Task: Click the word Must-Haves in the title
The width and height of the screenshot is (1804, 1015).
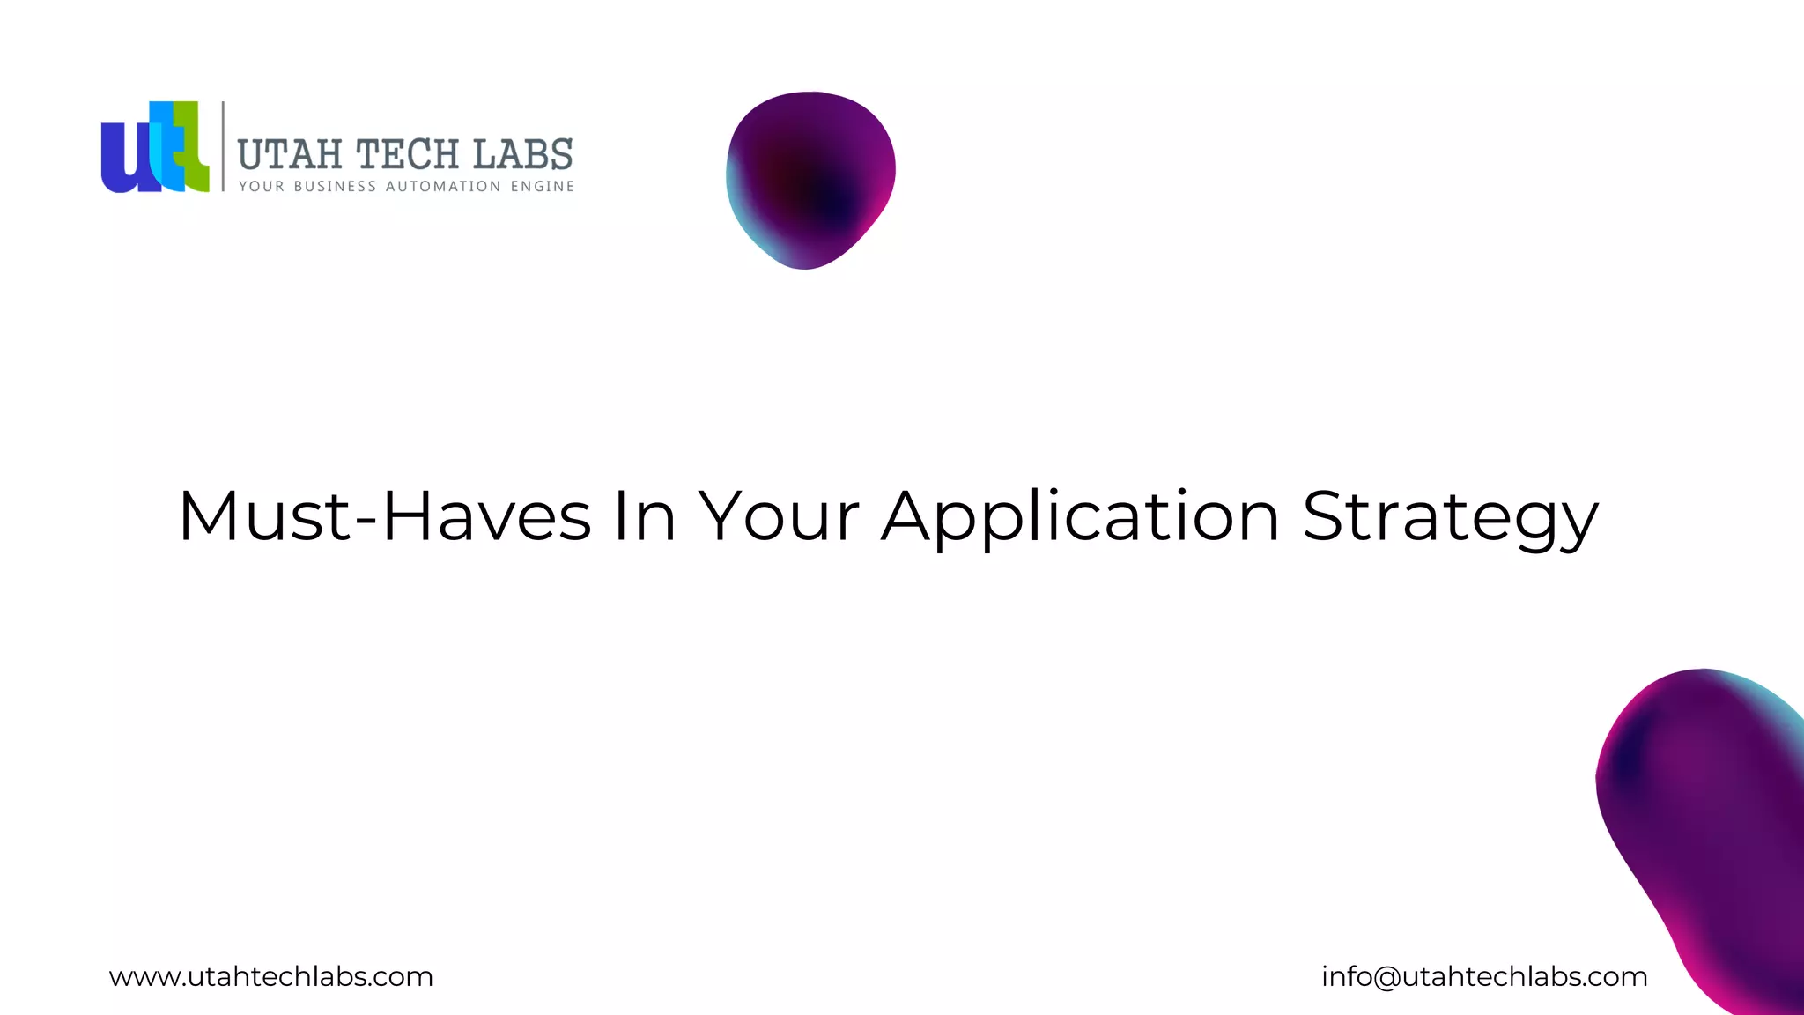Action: [x=384, y=516]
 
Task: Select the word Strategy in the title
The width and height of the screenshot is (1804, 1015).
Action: [x=1450, y=516]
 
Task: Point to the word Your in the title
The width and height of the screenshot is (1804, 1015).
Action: [x=779, y=516]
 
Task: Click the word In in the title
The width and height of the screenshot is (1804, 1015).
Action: [x=644, y=516]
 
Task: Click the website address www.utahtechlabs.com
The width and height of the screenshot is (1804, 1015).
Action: [x=271, y=976]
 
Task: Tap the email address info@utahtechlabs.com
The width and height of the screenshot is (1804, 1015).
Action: [x=1484, y=976]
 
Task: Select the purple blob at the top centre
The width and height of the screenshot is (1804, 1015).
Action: [x=810, y=180]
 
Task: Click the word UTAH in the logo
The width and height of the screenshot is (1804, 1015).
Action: [x=290, y=155]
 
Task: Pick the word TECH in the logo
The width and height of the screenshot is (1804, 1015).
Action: [x=408, y=155]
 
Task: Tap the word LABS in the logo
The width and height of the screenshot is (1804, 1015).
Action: [x=523, y=155]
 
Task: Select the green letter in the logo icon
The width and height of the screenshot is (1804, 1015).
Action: [x=195, y=154]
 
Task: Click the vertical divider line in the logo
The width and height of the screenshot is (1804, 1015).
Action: [x=223, y=146]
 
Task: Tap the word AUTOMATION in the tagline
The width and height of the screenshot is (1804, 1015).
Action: [x=443, y=187]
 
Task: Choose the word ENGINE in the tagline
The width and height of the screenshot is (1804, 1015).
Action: [x=543, y=187]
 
